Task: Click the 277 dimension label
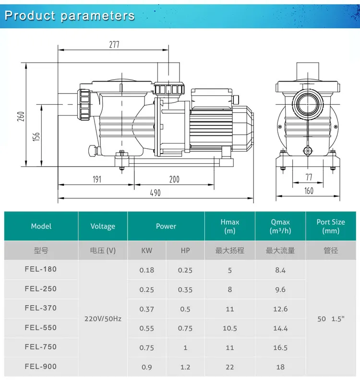coord(114,45)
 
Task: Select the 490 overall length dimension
coord(155,192)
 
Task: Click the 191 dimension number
coord(96,179)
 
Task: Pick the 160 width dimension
coord(309,191)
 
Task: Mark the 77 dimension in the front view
coord(309,178)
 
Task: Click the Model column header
coord(41,226)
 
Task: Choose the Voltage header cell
coord(103,226)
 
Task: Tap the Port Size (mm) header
coord(331,226)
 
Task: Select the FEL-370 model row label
coord(41,308)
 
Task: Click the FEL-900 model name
coord(41,367)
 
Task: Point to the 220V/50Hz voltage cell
coord(103,318)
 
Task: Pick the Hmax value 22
coord(230,367)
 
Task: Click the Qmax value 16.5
coord(280,347)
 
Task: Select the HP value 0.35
coord(185,290)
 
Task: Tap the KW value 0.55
coord(147,328)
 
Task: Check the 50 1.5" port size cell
coord(331,319)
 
